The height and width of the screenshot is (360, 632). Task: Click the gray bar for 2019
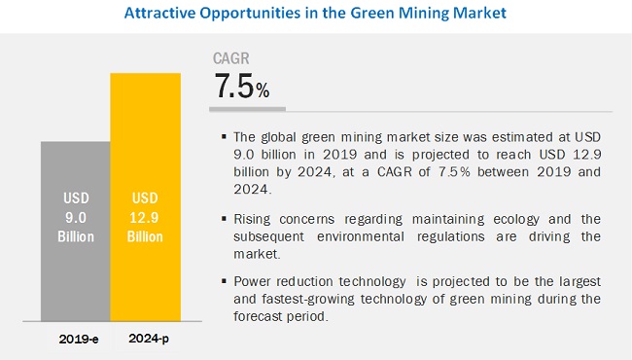click(76, 231)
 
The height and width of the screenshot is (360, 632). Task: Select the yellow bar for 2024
click(146, 198)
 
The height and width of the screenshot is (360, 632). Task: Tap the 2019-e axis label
click(79, 339)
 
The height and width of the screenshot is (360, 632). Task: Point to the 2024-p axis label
click(149, 339)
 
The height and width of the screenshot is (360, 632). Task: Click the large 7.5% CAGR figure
click(242, 86)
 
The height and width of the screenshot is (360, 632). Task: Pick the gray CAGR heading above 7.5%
click(231, 58)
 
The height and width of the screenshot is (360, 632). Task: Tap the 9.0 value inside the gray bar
click(76, 218)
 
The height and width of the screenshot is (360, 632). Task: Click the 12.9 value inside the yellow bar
click(144, 218)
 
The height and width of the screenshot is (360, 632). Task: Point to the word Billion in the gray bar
click(76, 236)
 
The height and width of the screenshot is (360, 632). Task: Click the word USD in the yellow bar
click(145, 198)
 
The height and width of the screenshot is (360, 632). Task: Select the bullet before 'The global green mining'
click(224, 136)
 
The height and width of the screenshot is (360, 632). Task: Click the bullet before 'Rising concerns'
click(224, 219)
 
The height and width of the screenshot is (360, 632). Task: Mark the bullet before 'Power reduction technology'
click(224, 281)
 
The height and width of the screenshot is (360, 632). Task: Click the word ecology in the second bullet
click(516, 220)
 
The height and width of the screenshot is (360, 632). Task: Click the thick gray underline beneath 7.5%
click(248, 109)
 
